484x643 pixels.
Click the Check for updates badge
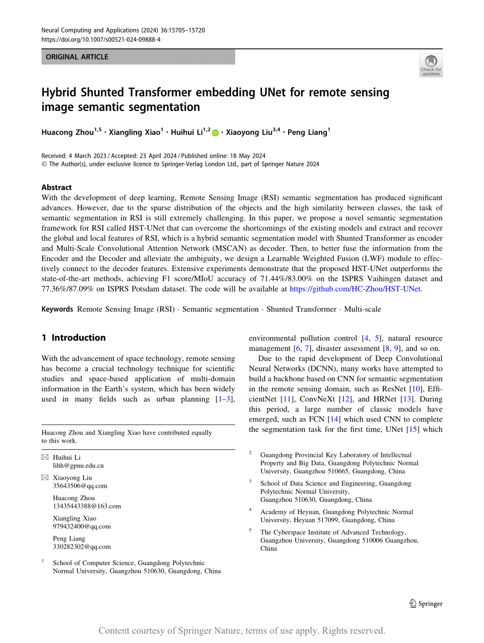(x=430, y=65)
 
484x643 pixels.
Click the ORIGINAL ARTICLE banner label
(x=77, y=57)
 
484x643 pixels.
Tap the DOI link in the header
(x=101, y=40)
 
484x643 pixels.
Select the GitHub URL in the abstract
(x=355, y=289)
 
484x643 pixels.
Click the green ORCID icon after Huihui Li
(x=215, y=133)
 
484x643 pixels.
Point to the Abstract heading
(x=57, y=187)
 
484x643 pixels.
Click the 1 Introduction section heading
(x=73, y=338)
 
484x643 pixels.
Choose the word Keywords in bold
(x=58, y=309)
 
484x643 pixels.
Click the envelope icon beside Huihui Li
(x=45, y=457)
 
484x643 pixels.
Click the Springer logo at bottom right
(x=426, y=604)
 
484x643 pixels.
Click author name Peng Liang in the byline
(x=307, y=133)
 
